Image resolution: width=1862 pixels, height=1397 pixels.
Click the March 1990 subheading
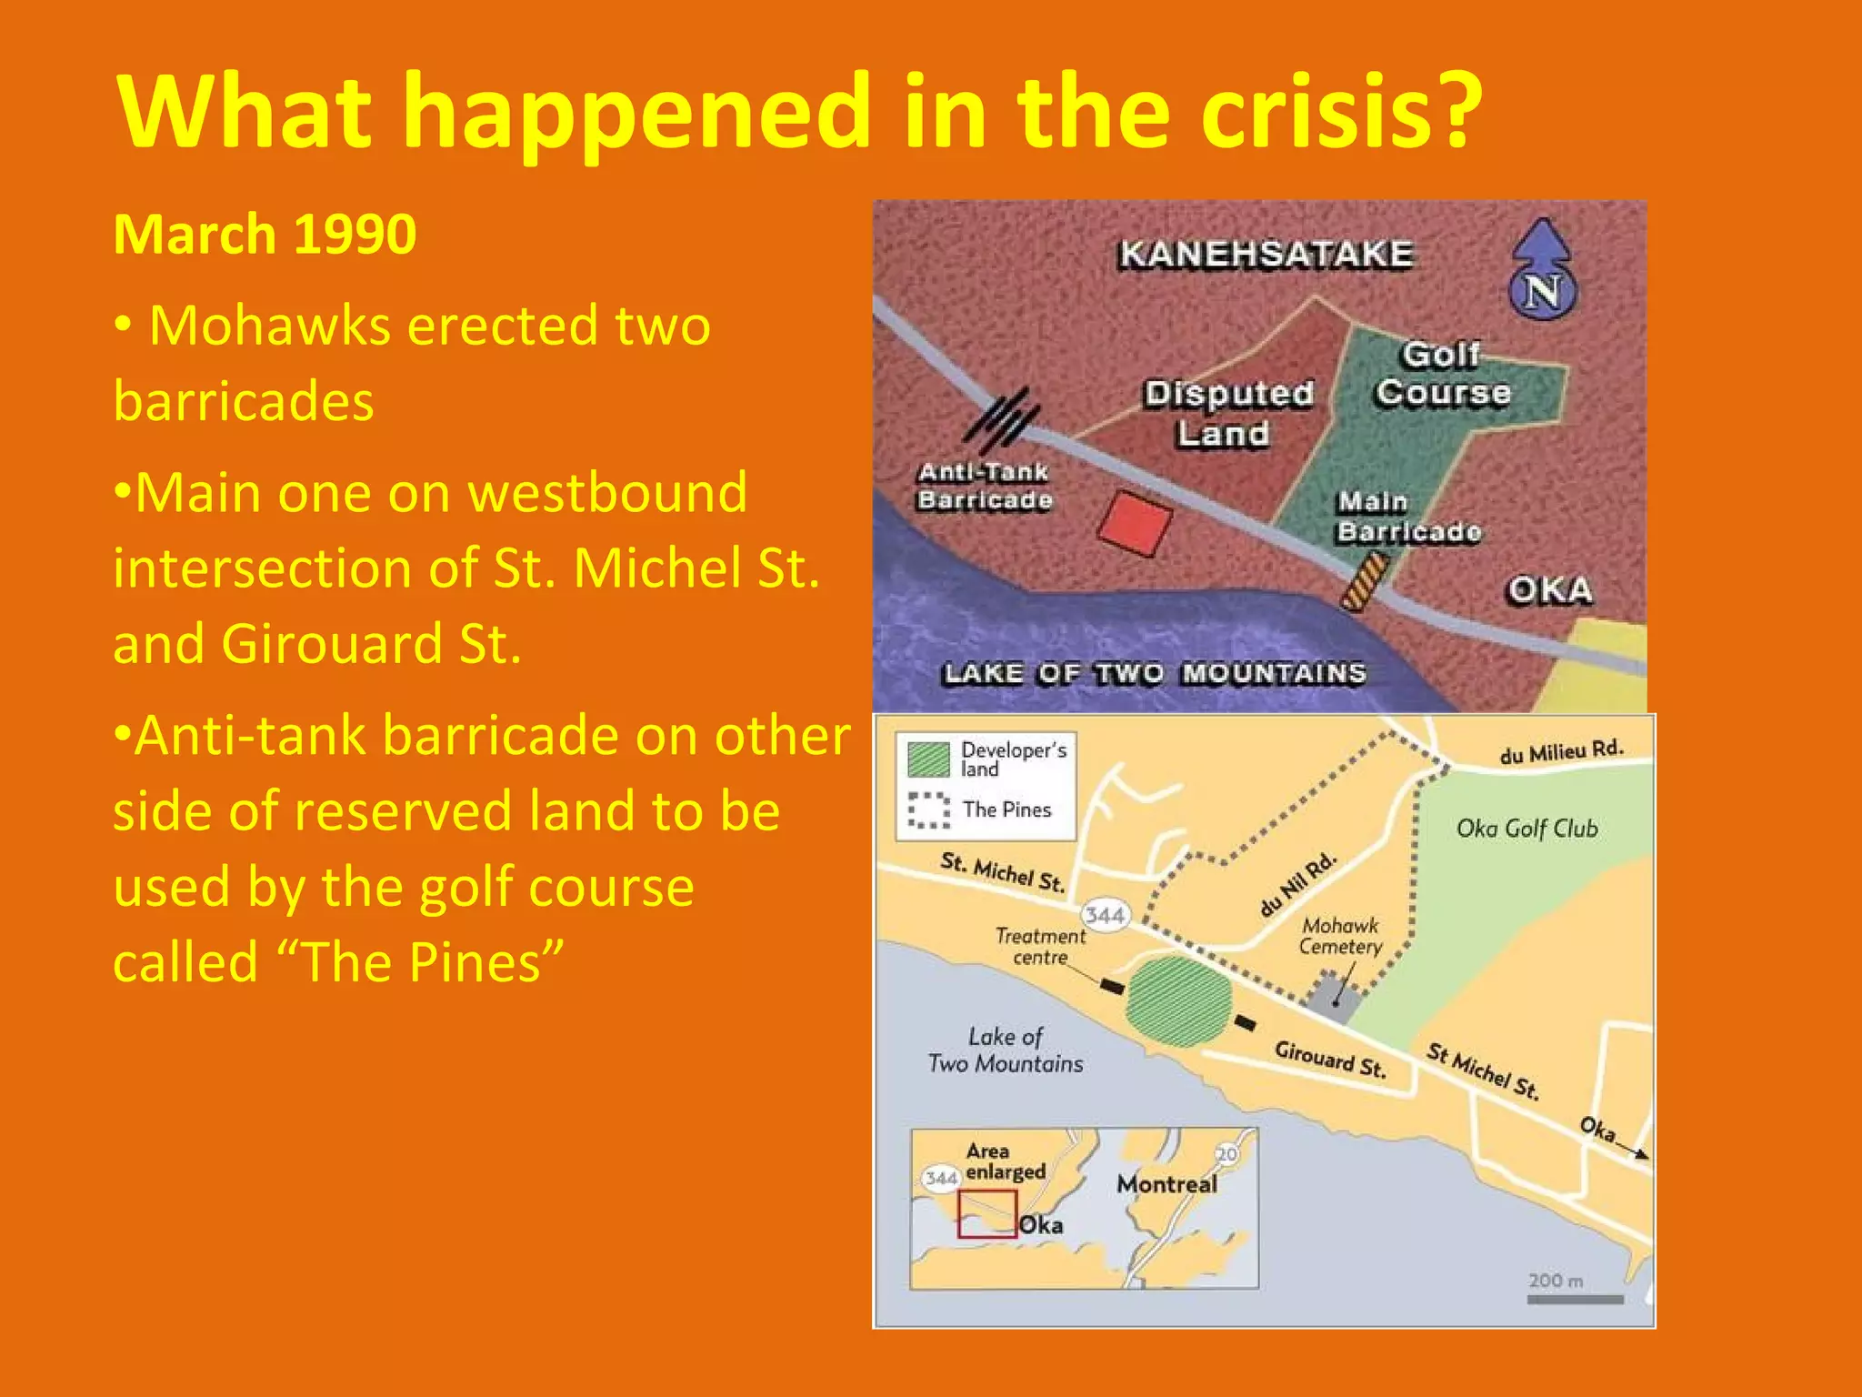pos(265,235)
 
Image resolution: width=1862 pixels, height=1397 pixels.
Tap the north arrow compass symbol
pos(1542,269)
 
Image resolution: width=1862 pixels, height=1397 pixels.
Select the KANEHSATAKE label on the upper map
pos(1266,254)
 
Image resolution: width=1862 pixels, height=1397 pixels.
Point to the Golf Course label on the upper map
pos(1443,374)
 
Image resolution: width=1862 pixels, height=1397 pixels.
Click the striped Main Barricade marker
pos(1365,582)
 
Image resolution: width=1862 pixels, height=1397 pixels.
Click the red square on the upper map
pos(1136,523)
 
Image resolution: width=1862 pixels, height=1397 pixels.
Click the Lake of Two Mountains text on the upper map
pos(1155,673)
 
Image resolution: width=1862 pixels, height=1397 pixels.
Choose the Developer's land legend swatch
pos(928,759)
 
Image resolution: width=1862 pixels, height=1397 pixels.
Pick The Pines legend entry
pos(1005,809)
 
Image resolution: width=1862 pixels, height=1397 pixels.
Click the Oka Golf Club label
pos(1527,829)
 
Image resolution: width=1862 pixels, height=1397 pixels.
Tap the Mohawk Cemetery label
pos(1340,936)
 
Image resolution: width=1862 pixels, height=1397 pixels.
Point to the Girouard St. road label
pos(1329,1060)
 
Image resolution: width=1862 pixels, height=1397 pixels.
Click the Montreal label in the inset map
pos(1166,1184)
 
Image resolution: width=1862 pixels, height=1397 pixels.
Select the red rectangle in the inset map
pos(986,1213)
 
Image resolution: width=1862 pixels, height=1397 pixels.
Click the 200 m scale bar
pos(1575,1299)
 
